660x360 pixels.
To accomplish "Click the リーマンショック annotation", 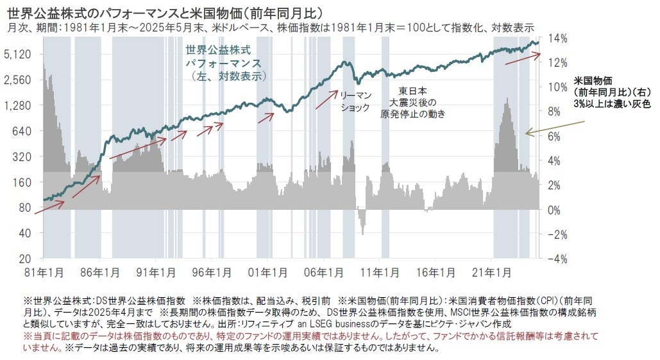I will point(355,101).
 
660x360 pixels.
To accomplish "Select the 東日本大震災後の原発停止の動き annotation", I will point(412,102).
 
